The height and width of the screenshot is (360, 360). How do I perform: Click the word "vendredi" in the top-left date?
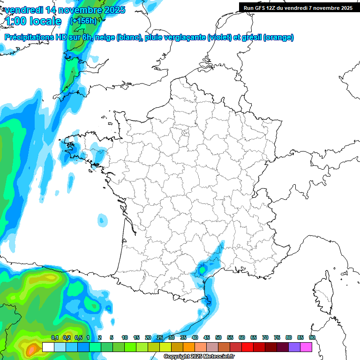click(22, 10)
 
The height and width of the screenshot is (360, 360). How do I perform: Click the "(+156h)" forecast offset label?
click(83, 21)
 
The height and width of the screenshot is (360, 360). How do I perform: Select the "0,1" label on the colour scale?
click(54, 338)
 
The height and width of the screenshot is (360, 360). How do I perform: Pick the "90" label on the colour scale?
click(312, 338)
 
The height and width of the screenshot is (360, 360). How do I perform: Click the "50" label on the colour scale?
click(218, 338)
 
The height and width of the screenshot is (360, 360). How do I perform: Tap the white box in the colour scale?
click(48, 347)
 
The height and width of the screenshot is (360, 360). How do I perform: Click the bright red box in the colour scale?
click(247, 347)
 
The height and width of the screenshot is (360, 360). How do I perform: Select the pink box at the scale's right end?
click(306, 347)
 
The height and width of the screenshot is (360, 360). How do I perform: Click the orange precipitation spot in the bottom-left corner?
click(32, 349)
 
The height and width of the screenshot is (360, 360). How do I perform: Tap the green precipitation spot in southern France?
click(202, 270)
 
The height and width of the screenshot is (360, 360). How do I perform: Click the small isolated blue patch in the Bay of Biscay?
click(102, 219)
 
